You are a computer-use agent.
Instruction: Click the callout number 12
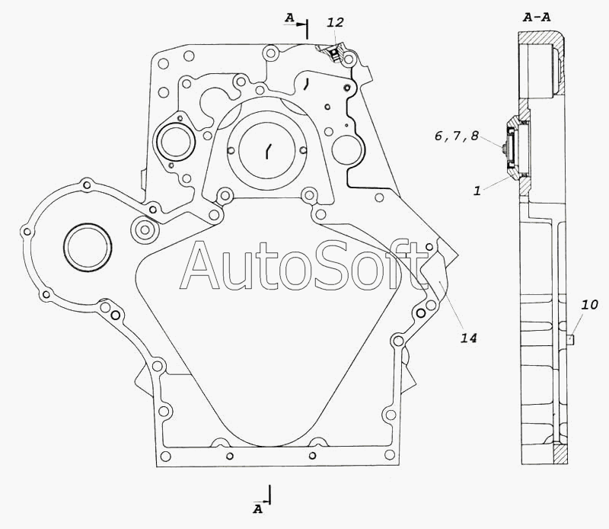tap(335, 23)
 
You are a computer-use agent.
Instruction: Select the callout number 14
tap(468, 338)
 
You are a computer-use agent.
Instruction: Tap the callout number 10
tap(589, 305)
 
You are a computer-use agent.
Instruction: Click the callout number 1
tap(477, 191)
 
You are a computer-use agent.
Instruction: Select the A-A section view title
tap(537, 17)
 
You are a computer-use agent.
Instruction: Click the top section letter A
tap(289, 18)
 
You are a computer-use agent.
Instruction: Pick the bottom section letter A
tap(257, 508)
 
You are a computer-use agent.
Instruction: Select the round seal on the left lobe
tap(88, 247)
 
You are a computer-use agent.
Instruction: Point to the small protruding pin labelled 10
tap(570, 341)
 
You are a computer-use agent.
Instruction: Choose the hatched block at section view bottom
tap(560, 455)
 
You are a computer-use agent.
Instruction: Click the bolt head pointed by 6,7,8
tap(503, 149)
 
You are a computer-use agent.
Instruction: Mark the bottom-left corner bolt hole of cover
tap(165, 457)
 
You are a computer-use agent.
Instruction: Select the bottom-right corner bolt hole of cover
tap(390, 455)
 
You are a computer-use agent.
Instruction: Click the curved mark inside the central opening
tap(269, 151)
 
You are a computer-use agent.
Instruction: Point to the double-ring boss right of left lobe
tap(145, 229)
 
